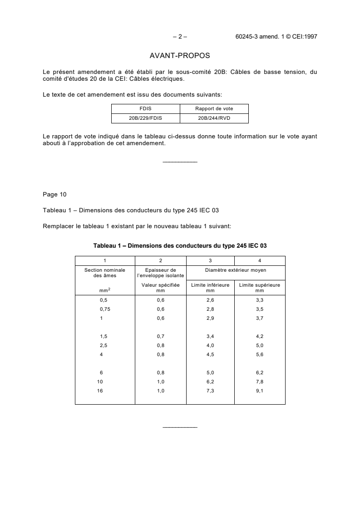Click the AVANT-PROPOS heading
point(180,56)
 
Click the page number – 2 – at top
point(180,37)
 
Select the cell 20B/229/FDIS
point(146,118)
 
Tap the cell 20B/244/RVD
point(214,118)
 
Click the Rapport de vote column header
point(214,109)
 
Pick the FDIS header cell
point(146,109)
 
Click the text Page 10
point(54,195)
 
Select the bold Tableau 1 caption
point(180,245)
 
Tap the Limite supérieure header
point(260,287)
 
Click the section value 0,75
point(105,309)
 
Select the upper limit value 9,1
point(260,390)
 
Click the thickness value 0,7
point(161,336)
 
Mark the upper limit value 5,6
point(260,354)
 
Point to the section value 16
point(100,390)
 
